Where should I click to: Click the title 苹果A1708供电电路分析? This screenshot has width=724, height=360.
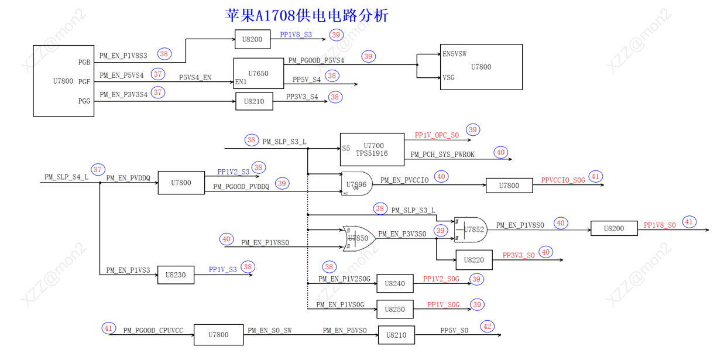point(306,15)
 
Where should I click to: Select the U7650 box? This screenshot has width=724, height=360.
point(258,74)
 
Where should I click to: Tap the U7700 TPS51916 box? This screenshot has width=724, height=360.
point(372,149)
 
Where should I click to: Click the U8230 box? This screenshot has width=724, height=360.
point(176,275)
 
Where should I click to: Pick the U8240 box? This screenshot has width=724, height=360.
point(395,284)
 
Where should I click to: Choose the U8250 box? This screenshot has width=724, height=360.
point(395,310)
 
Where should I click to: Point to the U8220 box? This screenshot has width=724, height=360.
point(473,260)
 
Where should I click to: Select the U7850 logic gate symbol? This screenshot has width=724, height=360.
point(359,238)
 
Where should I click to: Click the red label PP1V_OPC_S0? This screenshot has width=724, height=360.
point(437,135)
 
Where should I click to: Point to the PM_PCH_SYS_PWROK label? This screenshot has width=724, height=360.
point(442,155)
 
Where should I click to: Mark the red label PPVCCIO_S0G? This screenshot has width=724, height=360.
point(563,180)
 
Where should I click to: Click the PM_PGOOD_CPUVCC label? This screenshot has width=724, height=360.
point(153,331)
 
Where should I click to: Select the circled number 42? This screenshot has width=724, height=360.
point(487,327)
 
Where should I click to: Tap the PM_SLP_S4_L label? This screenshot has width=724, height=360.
point(66,177)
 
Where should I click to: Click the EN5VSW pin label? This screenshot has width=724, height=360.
point(455,54)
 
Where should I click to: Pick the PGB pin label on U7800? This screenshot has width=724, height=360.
point(84,62)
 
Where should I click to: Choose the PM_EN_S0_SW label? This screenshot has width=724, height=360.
point(269,331)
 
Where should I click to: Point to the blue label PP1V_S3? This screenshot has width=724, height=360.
point(222,269)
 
